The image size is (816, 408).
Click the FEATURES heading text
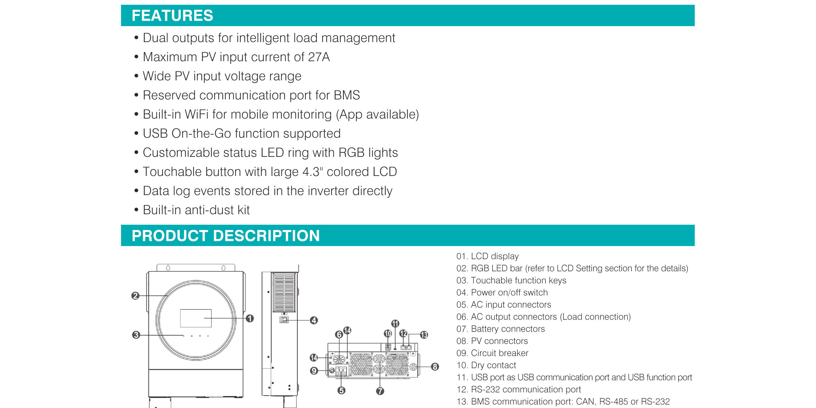[x=172, y=16]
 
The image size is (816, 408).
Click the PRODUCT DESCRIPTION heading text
[x=226, y=236]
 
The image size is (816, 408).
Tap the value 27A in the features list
[x=319, y=57]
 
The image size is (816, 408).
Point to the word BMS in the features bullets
[x=347, y=95]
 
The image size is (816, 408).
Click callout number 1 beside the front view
[x=250, y=318]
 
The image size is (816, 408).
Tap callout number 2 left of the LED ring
[x=135, y=296]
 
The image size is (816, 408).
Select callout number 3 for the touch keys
[x=136, y=335]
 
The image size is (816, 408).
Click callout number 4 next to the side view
[x=314, y=320]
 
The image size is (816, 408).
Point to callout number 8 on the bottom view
[x=435, y=367]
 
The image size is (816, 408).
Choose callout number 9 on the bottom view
[x=314, y=371]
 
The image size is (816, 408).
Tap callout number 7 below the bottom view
[x=380, y=391]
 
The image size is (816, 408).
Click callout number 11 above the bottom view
[x=395, y=324]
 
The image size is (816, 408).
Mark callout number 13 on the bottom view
[x=424, y=335]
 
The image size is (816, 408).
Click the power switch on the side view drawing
[x=284, y=319]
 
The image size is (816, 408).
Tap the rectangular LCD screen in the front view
[x=196, y=318]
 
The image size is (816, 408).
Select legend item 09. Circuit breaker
[x=492, y=353]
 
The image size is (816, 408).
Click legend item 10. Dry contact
[x=486, y=365]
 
